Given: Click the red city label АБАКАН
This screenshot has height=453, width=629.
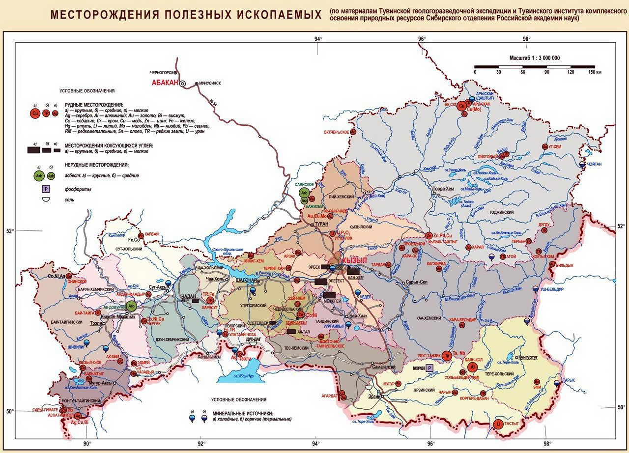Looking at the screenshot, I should click(164, 83).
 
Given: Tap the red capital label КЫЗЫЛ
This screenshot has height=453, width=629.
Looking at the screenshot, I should click(355, 259).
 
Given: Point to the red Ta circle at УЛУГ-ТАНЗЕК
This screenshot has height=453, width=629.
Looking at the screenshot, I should click(446, 355).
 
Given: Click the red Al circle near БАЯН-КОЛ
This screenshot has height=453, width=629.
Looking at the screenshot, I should click(472, 367).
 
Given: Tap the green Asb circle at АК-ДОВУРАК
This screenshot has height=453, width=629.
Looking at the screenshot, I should click(131, 306).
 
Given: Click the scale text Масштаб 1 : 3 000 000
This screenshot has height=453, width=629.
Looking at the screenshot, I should click(534, 58).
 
